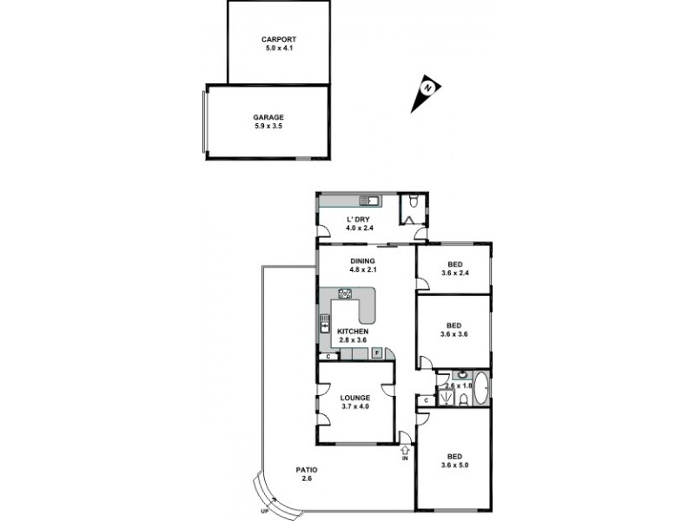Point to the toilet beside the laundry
point(416,201)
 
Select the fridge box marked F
point(377,353)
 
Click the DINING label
point(362,260)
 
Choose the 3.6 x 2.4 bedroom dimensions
point(454,274)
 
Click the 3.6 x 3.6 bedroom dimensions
point(454,333)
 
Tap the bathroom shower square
point(445,398)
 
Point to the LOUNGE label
point(355,398)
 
